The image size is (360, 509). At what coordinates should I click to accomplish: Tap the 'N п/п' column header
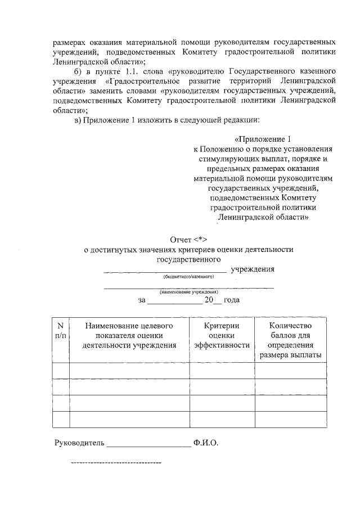click(x=60, y=330)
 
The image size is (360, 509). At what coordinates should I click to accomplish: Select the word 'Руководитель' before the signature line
click(x=79, y=443)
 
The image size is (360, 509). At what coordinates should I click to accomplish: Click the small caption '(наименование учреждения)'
click(x=188, y=292)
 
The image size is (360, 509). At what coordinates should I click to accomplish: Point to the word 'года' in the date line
click(x=232, y=300)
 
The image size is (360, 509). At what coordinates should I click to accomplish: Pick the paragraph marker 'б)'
click(x=79, y=71)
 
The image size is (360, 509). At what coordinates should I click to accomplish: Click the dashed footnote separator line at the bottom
click(x=115, y=463)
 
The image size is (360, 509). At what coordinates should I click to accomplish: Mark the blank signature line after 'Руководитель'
click(x=148, y=444)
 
